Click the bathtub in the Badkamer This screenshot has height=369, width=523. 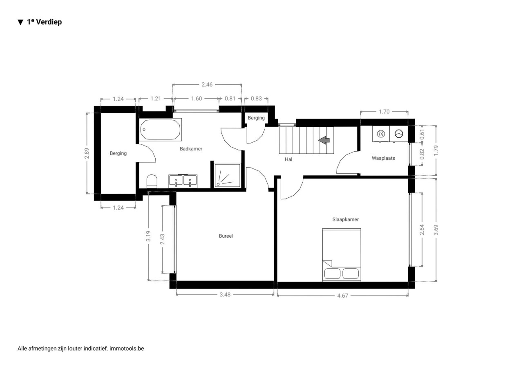(x=161, y=130)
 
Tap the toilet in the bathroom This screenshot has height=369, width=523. (x=152, y=181)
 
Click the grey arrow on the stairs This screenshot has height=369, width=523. (x=324, y=140)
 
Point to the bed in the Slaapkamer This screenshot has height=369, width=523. (x=342, y=255)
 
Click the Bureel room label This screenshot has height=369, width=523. (x=226, y=236)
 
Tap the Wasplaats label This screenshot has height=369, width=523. (x=383, y=158)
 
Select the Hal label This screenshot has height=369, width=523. (x=288, y=159)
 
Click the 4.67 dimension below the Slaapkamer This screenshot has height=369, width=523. (x=342, y=296)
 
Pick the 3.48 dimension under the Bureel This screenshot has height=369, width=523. (x=225, y=295)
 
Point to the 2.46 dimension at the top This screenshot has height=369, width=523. (x=207, y=84)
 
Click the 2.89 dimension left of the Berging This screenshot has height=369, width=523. (x=87, y=153)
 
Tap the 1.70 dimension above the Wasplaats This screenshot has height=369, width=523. (x=384, y=112)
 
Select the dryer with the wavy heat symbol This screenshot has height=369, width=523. (x=381, y=134)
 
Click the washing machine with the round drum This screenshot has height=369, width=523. (x=399, y=134)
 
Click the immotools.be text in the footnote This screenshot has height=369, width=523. (x=127, y=349)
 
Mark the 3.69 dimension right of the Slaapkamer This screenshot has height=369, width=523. (x=436, y=230)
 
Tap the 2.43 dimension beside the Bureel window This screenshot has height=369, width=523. (x=162, y=239)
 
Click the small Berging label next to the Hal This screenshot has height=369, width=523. (x=256, y=118)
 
